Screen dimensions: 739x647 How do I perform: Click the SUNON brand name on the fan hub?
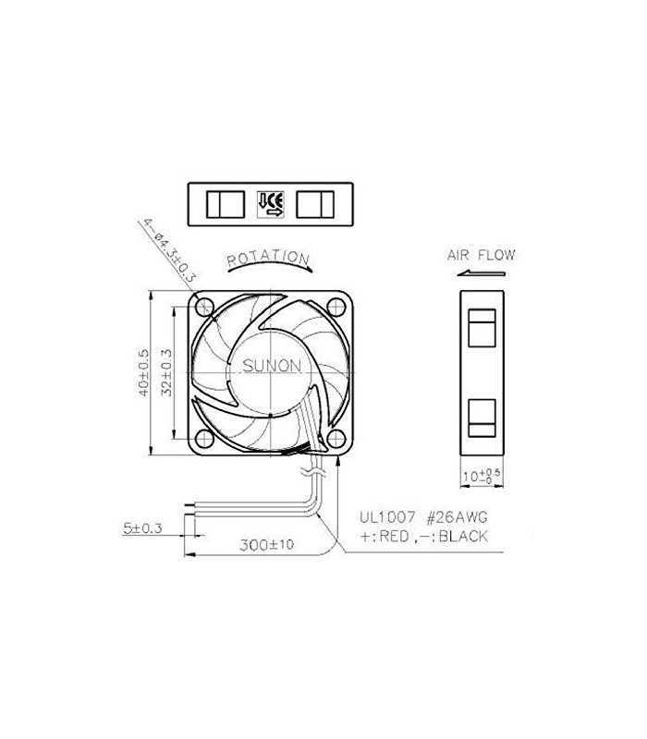(271, 366)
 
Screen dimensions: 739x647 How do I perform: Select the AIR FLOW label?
(481, 255)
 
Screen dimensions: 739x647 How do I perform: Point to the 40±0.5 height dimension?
(144, 373)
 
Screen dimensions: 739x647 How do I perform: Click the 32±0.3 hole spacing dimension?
(167, 373)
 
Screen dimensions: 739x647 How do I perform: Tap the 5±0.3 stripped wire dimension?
(142, 528)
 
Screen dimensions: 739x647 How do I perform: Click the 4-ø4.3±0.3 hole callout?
(169, 250)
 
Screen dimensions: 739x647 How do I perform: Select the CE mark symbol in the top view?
(271, 203)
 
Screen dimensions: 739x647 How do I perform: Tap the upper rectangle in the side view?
(482, 329)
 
